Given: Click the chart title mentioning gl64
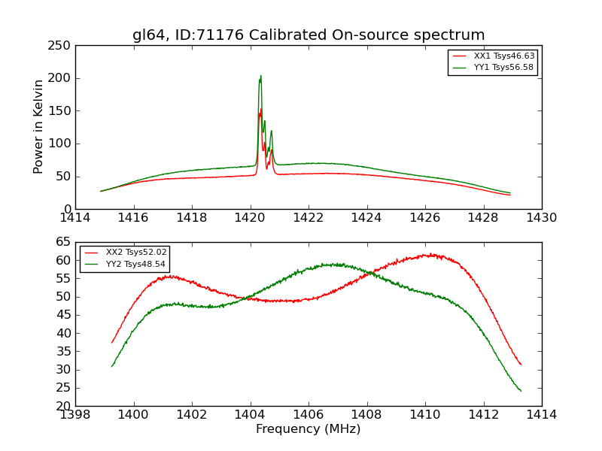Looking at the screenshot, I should click(x=309, y=35).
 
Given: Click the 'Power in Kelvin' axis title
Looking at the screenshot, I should click(x=38, y=126).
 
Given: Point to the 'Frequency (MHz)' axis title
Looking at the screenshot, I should click(x=309, y=429).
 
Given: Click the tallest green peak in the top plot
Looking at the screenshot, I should click(x=260, y=76).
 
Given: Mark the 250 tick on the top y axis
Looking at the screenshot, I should click(x=62, y=46).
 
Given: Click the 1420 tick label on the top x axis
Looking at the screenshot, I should click(x=250, y=218).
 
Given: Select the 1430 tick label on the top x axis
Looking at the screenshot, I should click(x=541, y=218).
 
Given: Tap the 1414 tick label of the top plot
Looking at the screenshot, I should click(x=75, y=218).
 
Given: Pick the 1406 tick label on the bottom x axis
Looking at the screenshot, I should click(x=309, y=414).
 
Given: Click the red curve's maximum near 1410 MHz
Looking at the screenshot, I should click(x=430, y=254).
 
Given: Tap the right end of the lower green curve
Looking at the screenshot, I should click(x=521, y=391).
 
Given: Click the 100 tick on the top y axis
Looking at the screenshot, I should click(x=62, y=144).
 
